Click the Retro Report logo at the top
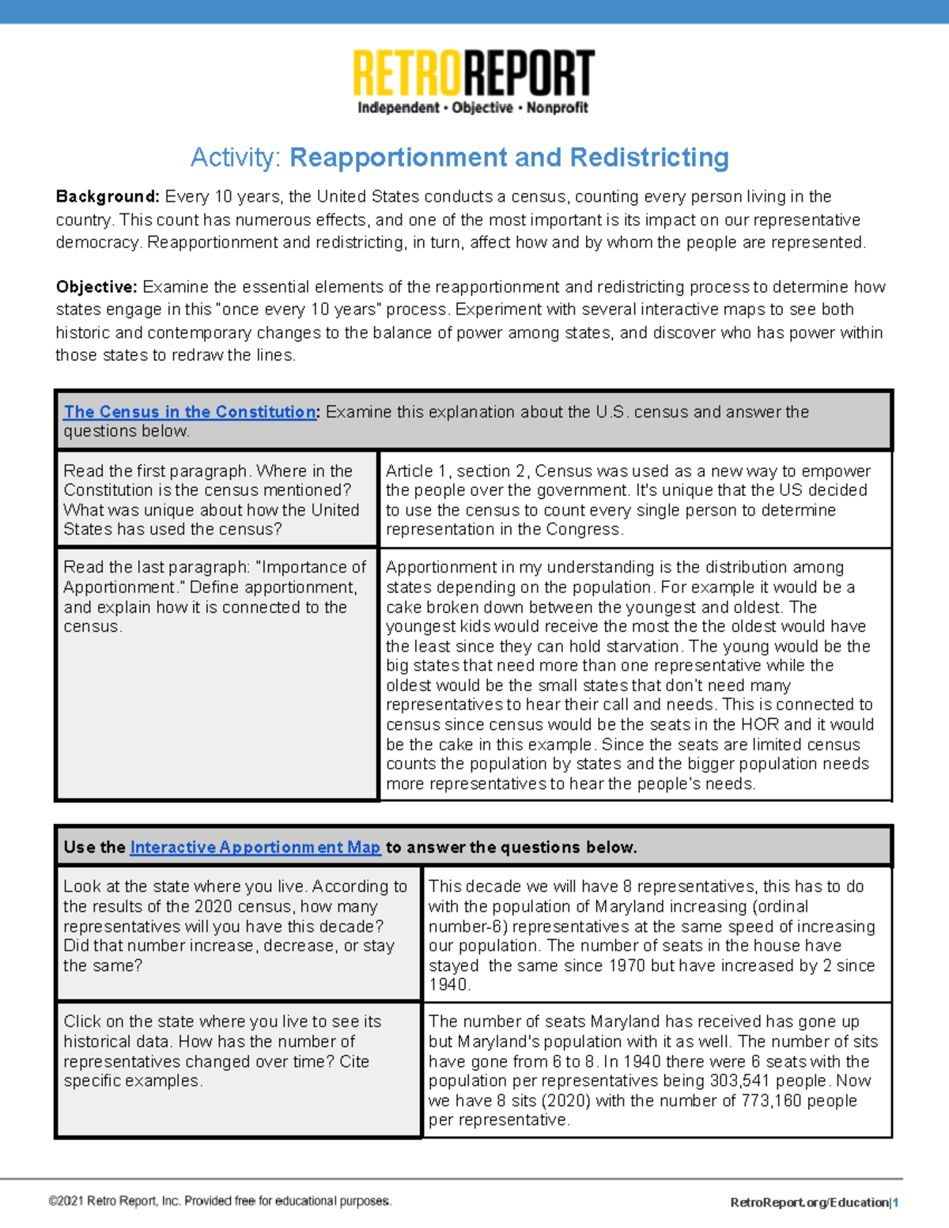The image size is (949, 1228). click(x=473, y=74)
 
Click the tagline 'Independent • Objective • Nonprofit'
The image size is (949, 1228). click(x=473, y=108)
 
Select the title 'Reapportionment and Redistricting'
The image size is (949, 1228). click(x=509, y=157)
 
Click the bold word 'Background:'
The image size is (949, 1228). click(x=108, y=197)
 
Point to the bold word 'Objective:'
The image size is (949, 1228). click(x=96, y=287)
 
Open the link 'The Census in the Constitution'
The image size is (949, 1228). click(x=190, y=412)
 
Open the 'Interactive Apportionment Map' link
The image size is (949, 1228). click(x=255, y=847)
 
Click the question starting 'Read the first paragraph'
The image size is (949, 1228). click(x=211, y=500)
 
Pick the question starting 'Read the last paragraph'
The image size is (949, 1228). click(x=214, y=596)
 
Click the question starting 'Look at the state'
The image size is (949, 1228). click(x=235, y=926)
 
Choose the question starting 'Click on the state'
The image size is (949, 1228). click(x=222, y=1051)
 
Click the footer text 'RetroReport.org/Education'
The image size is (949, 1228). click(x=809, y=1203)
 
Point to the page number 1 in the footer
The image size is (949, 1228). click(x=896, y=1203)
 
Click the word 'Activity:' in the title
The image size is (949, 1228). click(x=236, y=157)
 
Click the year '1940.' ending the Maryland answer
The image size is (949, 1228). click(x=449, y=985)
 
